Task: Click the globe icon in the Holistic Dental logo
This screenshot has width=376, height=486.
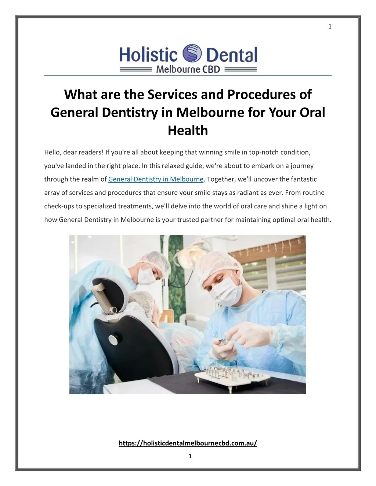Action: pos(192,54)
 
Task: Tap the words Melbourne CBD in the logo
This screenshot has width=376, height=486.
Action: pos(188,69)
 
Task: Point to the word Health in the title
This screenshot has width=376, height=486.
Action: pos(188,130)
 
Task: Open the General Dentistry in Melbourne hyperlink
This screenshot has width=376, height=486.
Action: pos(156,179)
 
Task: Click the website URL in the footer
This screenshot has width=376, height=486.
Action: pos(188,443)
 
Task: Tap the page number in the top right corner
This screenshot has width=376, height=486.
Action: pos(330,26)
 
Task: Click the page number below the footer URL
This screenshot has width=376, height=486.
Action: pos(189,456)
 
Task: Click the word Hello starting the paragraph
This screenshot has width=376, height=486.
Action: pos(52,152)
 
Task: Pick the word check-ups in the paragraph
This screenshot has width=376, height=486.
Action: pos(59,206)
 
